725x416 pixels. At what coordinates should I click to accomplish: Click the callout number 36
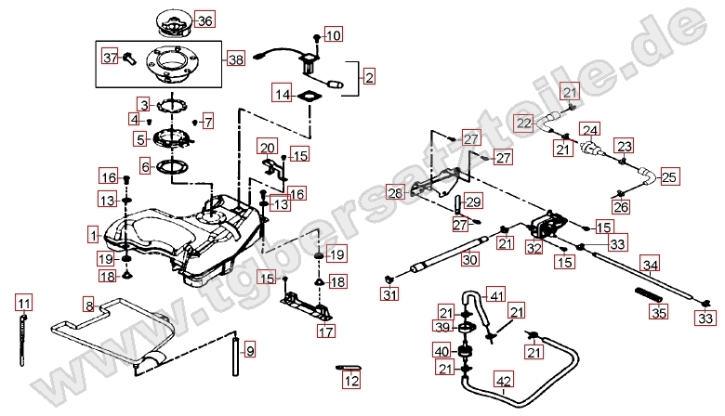click(204, 20)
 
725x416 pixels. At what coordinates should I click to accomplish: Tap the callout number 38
click(235, 59)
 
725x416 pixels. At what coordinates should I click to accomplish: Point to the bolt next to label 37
click(132, 58)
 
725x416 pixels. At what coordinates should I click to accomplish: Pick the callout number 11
click(23, 303)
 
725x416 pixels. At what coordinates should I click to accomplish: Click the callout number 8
click(89, 305)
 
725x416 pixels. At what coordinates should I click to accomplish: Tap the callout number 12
click(349, 380)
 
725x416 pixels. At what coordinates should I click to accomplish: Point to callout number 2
click(369, 77)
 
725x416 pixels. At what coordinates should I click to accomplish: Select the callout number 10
click(333, 35)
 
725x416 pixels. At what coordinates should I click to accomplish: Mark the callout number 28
click(395, 193)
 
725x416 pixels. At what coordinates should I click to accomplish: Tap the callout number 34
click(651, 266)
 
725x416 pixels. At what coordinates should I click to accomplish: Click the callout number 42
click(503, 380)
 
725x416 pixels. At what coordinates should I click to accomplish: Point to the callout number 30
click(470, 261)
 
